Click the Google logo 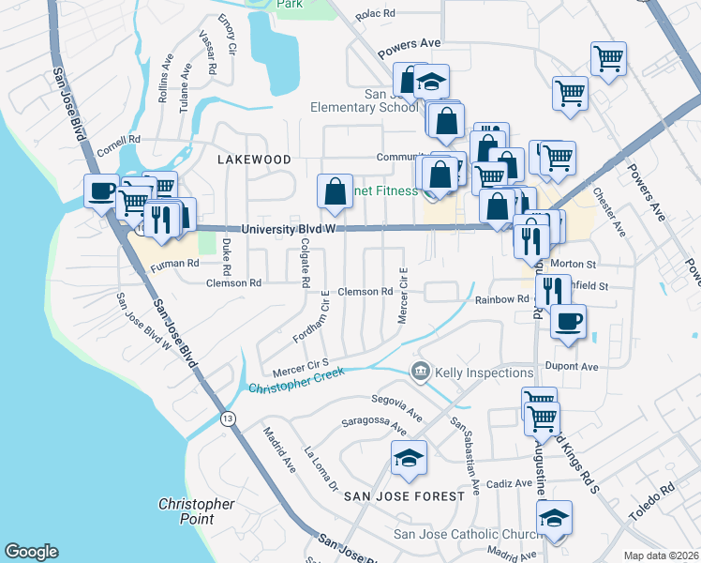pyautogui.click(x=32, y=552)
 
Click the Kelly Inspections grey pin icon pyautogui.click(x=420, y=373)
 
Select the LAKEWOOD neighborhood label pyautogui.click(x=254, y=160)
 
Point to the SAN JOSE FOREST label pyautogui.click(x=404, y=495)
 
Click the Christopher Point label pyautogui.click(x=196, y=511)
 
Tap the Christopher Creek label pyautogui.click(x=295, y=379)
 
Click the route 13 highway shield pyautogui.click(x=227, y=418)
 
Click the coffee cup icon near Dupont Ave pyautogui.click(x=567, y=322)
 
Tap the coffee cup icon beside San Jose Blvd pyautogui.click(x=102, y=190)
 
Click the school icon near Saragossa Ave pyautogui.click(x=409, y=458)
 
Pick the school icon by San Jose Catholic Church pyautogui.click(x=554, y=518)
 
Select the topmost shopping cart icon pyautogui.click(x=608, y=58)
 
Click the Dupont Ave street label pyautogui.click(x=575, y=367)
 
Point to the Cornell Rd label pyautogui.click(x=116, y=144)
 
